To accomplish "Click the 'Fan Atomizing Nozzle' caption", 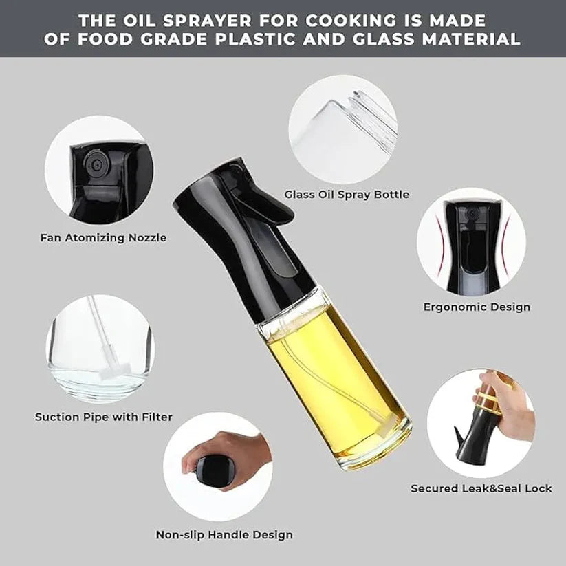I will click(x=102, y=238).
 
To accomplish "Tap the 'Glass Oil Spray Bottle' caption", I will click(x=347, y=195).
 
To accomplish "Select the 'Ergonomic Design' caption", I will click(x=477, y=307).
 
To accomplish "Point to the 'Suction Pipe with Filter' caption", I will click(x=104, y=417).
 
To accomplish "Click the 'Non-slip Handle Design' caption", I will click(x=224, y=534).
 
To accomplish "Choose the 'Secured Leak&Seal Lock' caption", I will click(x=481, y=488).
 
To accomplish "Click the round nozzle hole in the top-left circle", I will click(x=94, y=163).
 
